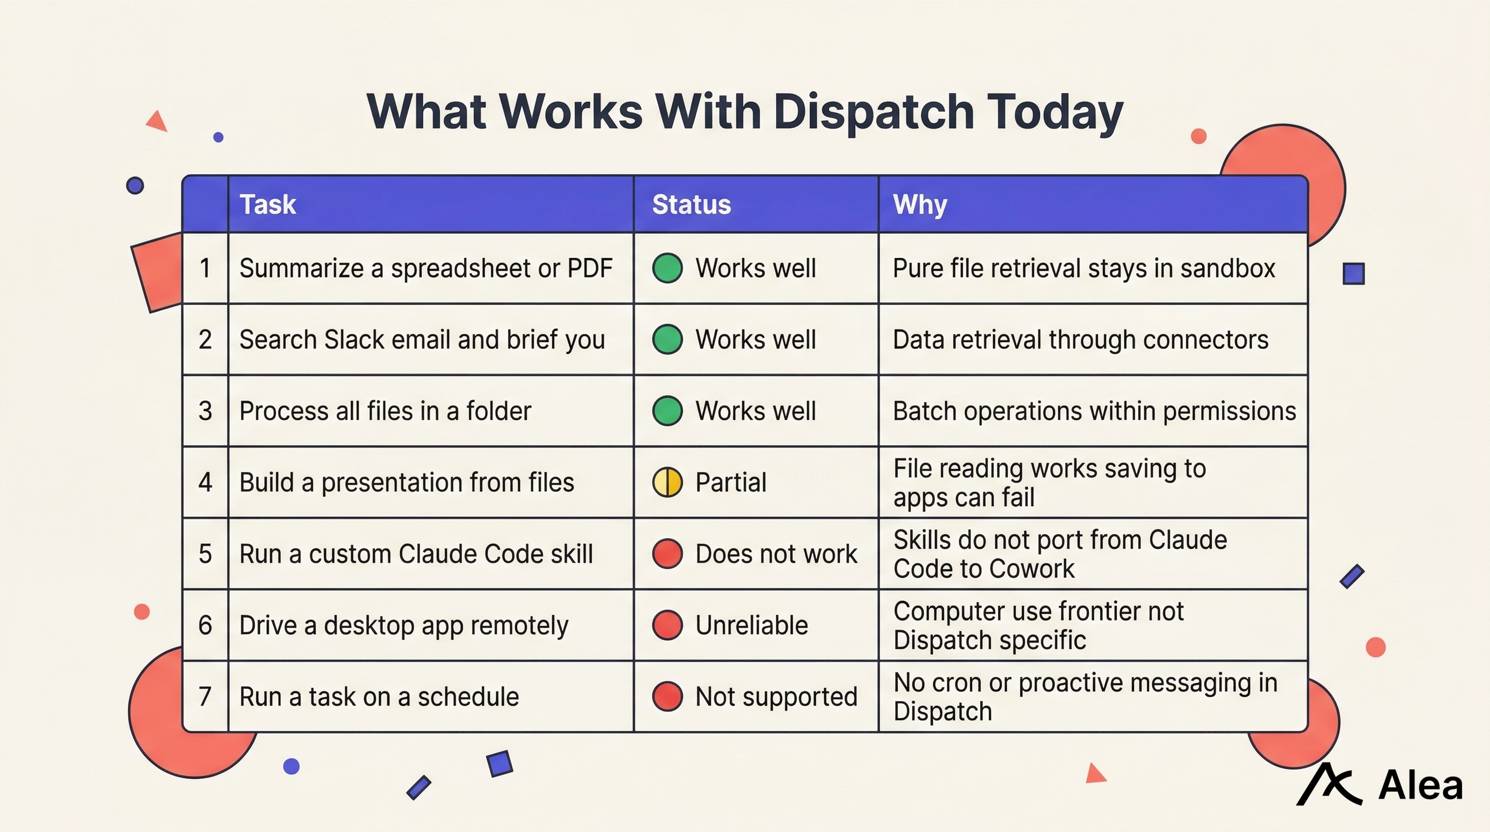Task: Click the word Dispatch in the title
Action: point(873,112)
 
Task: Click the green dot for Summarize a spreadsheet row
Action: point(667,268)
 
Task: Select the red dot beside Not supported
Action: point(667,696)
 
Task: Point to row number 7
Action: point(205,696)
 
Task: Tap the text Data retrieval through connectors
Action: point(1081,340)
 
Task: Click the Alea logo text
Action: point(1421,786)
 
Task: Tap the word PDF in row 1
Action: point(589,268)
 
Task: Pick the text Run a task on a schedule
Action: point(379,696)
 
